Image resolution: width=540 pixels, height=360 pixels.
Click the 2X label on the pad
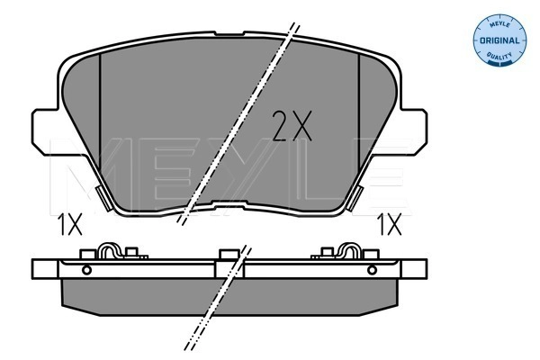point(292,126)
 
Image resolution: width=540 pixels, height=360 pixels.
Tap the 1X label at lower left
point(70,224)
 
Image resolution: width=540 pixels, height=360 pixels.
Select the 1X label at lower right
point(390,224)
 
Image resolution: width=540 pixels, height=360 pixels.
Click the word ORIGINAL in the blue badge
point(499,40)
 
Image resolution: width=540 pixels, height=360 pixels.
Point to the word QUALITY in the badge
point(499,56)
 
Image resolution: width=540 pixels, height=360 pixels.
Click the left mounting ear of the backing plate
point(45,131)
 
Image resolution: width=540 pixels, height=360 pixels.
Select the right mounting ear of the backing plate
point(413,131)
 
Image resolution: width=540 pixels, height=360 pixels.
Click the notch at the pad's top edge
point(229,33)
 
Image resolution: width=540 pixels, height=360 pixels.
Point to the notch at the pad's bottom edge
point(229,204)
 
